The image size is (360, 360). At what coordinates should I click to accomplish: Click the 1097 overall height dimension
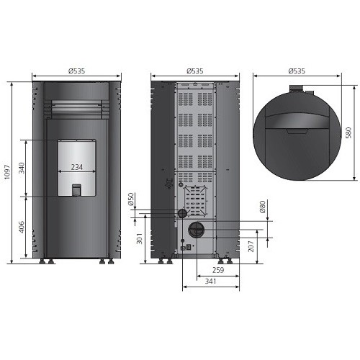pos(7,172)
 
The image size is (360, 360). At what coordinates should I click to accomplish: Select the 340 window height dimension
pos(22,168)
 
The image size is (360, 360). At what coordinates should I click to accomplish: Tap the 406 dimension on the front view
pos(22,227)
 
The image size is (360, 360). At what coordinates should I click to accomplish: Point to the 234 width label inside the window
pos(77,167)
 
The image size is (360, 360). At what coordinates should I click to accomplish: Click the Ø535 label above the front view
pos(76,71)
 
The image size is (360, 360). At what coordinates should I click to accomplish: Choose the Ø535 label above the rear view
pos(195,71)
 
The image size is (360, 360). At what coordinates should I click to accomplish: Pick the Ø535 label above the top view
pos(297,71)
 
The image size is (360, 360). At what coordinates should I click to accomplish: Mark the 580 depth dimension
pos(348,132)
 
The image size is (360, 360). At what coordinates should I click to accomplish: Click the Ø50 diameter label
pos(131,199)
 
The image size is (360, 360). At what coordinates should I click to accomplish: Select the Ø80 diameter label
pos(263,207)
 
